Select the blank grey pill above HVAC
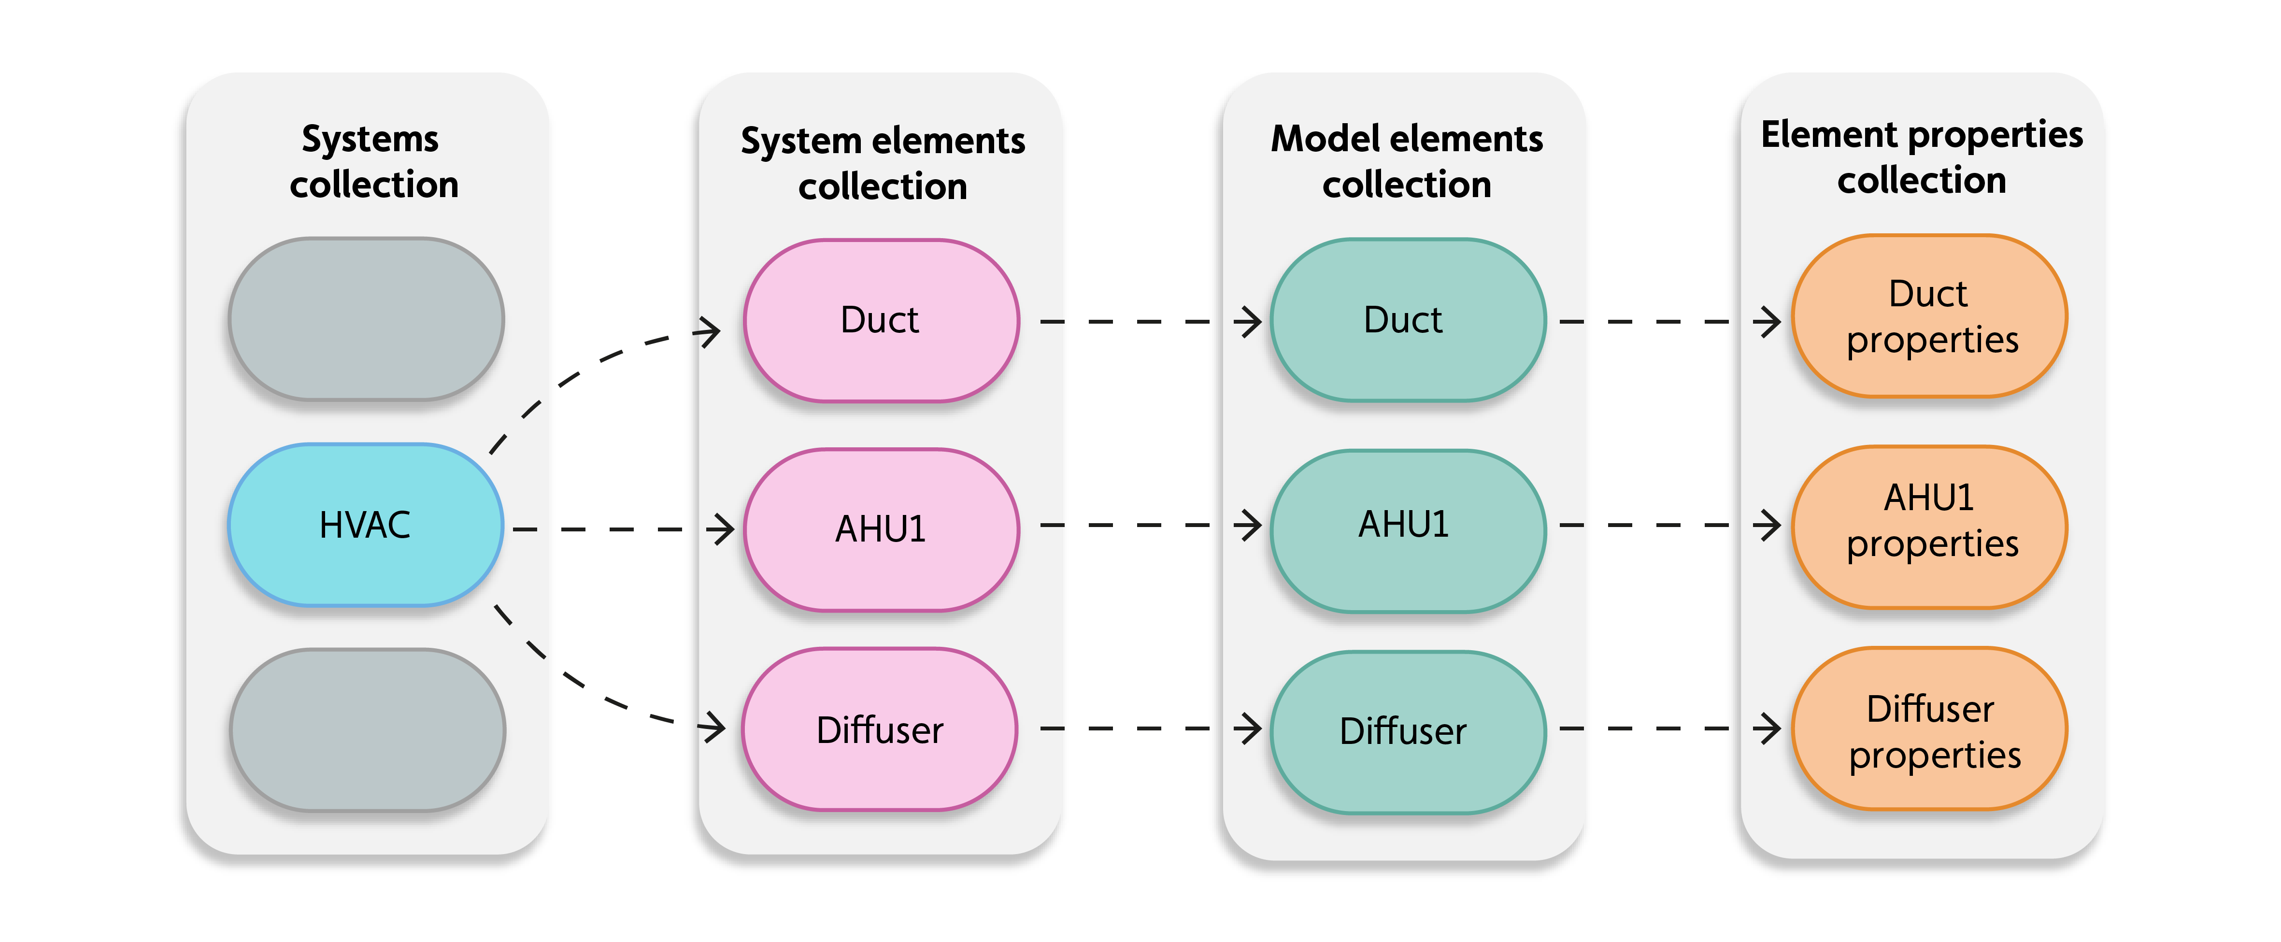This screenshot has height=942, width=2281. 366,319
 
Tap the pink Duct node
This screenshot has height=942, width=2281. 881,320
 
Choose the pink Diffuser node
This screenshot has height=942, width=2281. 879,729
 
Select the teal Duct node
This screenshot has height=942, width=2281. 1407,320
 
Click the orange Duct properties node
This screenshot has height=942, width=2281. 1929,316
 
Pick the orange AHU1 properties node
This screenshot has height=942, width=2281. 1929,526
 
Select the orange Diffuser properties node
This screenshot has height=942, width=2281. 1929,728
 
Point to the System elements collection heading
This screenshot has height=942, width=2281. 883,164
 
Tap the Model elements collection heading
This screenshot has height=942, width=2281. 1407,162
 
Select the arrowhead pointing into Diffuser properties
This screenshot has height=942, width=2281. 1769,728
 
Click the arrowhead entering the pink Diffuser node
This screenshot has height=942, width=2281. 713,728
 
